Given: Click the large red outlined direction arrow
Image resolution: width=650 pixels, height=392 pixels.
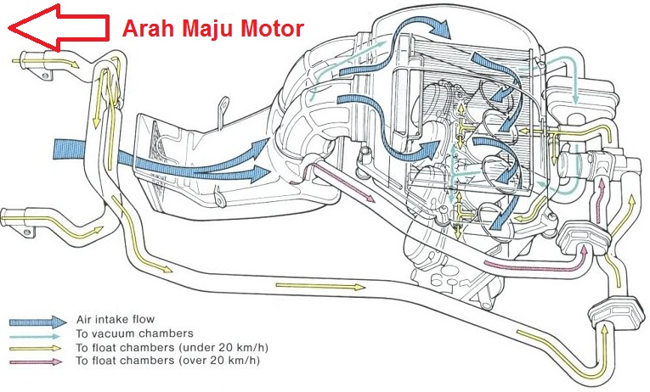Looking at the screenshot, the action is click(x=58, y=28).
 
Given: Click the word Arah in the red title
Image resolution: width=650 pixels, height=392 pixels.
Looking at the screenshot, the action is click(x=149, y=29).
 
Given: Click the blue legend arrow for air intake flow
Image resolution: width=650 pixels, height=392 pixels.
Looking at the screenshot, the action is click(x=37, y=322).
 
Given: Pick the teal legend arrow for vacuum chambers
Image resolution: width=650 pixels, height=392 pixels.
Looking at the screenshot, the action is click(x=35, y=336).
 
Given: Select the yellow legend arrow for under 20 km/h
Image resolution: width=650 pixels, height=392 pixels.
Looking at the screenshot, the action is click(x=35, y=349).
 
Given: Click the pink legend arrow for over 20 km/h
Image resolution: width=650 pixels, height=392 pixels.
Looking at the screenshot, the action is click(x=36, y=361).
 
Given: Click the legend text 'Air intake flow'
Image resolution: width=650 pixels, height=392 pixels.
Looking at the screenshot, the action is click(x=116, y=319).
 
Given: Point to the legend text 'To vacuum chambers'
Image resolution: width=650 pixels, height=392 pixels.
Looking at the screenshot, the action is click(x=135, y=333).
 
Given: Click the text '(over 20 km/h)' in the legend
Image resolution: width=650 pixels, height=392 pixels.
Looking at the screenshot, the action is click(x=219, y=360).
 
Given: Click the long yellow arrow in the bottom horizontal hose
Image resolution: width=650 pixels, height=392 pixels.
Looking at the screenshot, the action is click(x=320, y=286).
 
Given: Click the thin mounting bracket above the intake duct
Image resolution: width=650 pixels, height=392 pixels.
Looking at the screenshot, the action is click(x=223, y=111).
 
